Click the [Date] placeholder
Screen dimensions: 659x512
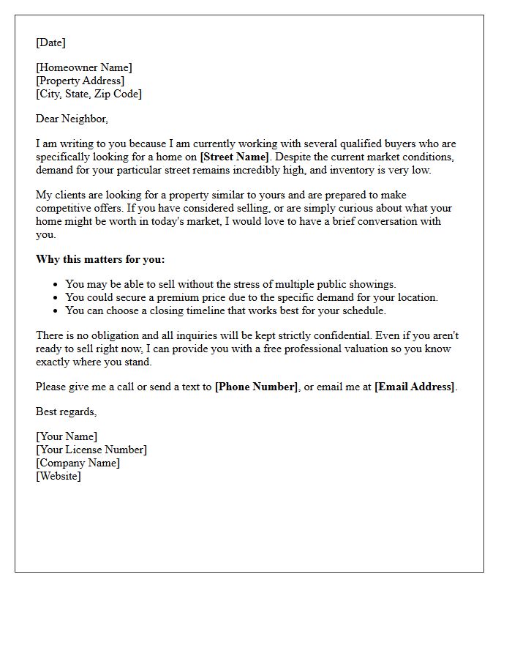(50, 42)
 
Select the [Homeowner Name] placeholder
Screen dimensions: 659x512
(84, 68)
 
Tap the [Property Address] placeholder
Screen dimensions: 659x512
(80, 81)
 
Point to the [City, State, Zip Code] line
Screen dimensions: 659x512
(89, 94)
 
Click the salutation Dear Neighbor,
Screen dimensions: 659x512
(72, 119)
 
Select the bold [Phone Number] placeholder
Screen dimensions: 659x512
(256, 387)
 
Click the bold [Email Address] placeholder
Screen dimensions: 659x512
(414, 387)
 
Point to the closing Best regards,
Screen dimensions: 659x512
(67, 412)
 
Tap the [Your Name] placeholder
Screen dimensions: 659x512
(67, 437)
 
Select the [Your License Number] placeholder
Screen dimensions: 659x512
(91, 450)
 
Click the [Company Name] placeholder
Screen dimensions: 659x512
(78, 463)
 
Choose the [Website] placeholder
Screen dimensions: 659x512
(59, 476)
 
